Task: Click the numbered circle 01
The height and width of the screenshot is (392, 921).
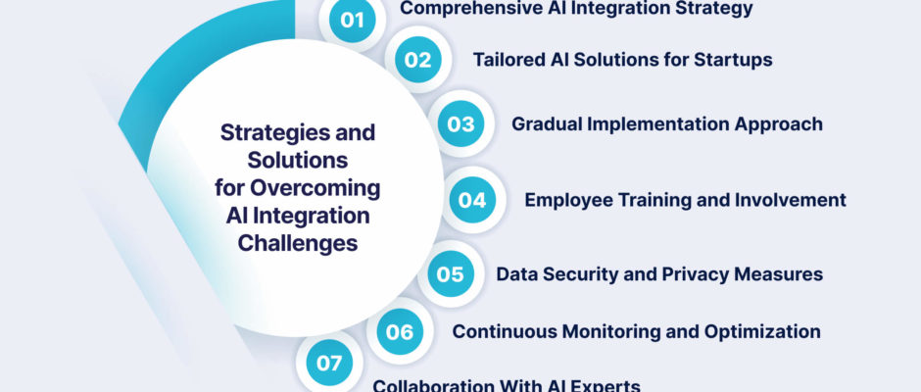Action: tap(353, 20)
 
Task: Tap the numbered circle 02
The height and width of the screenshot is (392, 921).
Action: tap(417, 60)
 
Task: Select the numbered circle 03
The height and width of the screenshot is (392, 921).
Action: tap(461, 123)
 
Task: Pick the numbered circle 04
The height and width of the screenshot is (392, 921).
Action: tap(473, 200)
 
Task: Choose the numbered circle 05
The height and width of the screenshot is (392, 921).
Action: tap(451, 273)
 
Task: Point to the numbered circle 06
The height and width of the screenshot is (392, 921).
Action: tap(400, 331)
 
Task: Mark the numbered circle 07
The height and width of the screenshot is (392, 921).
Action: tap(329, 363)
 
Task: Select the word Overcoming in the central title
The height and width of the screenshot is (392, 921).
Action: tap(315, 189)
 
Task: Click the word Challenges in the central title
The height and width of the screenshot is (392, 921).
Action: tap(298, 243)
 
